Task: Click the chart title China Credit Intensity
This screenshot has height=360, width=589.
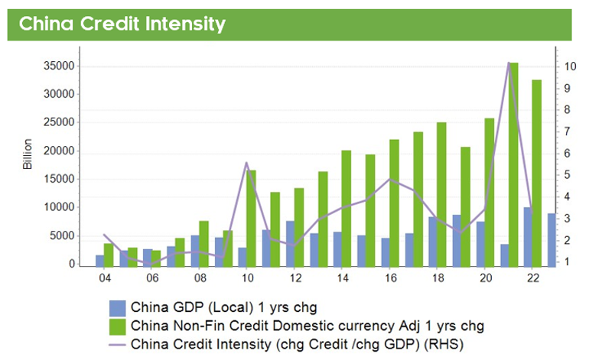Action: point(122,24)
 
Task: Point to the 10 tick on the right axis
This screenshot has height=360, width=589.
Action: point(571,66)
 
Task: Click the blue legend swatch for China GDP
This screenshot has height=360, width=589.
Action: point(118,309)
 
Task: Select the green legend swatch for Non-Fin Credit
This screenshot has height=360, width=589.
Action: point(118,327)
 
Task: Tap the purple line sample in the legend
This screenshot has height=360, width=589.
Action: point(118,345)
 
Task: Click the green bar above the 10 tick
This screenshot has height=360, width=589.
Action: point(251,217)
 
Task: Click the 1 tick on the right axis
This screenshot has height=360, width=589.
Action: point(567,262)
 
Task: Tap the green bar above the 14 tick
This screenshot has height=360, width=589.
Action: point(347,207)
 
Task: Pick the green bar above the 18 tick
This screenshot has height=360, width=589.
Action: point(441,193)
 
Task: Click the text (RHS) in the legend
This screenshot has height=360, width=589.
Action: point(448,345)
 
